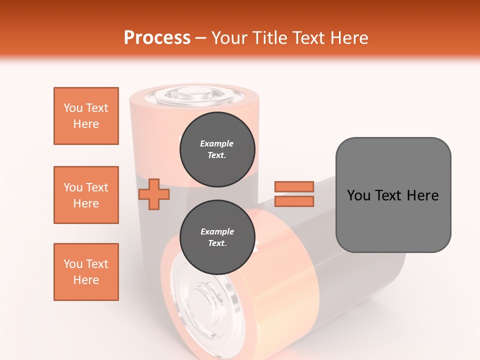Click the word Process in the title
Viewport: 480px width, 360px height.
pyautogui.click(x=157, y=38)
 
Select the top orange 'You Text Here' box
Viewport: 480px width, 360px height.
pyautogui.click(x=86, y=116)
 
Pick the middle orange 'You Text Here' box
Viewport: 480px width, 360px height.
pyautogui.click(x=86, y=195)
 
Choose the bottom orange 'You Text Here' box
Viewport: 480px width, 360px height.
pyautogui.click(x=86, y=272)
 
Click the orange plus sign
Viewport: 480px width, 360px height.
pyautogui.click(x=153, y=194)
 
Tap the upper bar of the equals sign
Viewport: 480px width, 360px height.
pyautogui.click(x=294, y=186)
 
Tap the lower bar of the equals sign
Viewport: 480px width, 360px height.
pyautogui.click(x=294, y=201)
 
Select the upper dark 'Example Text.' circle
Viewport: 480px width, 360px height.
pyautogui.click(x=217, y=149)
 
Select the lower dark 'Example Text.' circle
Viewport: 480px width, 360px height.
pyautogui.click(x=217, y=237)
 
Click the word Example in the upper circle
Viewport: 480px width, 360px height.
pyautogui.click(x=217, y=143)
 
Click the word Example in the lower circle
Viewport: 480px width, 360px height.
pyautogui.click(x=217, y=231)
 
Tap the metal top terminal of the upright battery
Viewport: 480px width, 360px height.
pyautogui.click(x=194, y=93)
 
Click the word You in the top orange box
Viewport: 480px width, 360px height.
pyautogui.click(x=72, y=108)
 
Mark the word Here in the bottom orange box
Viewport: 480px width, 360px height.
pyautogui.click(x=86, y=280)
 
